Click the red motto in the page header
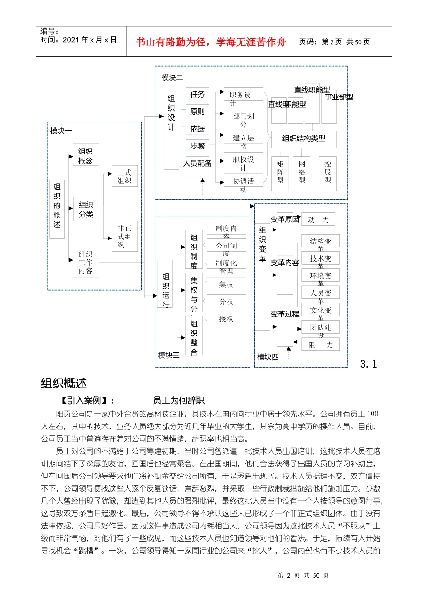(x=210, y=42)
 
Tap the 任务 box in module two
(x=197, y=95)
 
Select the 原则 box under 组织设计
(x=197, y=112)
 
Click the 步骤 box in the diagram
(x=197, y=146)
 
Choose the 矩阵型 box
(x=280, y=172)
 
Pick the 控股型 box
(x=328, y=172)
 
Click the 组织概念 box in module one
(x=86, y=156)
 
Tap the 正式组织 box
(x=124, y=176)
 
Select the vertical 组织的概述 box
(x=57, y=205)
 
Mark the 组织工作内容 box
(x=86, y=262)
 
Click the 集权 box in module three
(x=226, y=284)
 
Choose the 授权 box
(x=226, y=319)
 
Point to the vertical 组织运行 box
(x=166, y=290)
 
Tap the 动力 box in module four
(x=318, y=220)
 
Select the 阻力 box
(x=320, y=345)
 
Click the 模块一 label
(x=61, y=131)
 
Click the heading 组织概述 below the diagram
(x=64, y=384)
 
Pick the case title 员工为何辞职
(x=178, y=400)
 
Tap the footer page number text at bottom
(x=303, y=575)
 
